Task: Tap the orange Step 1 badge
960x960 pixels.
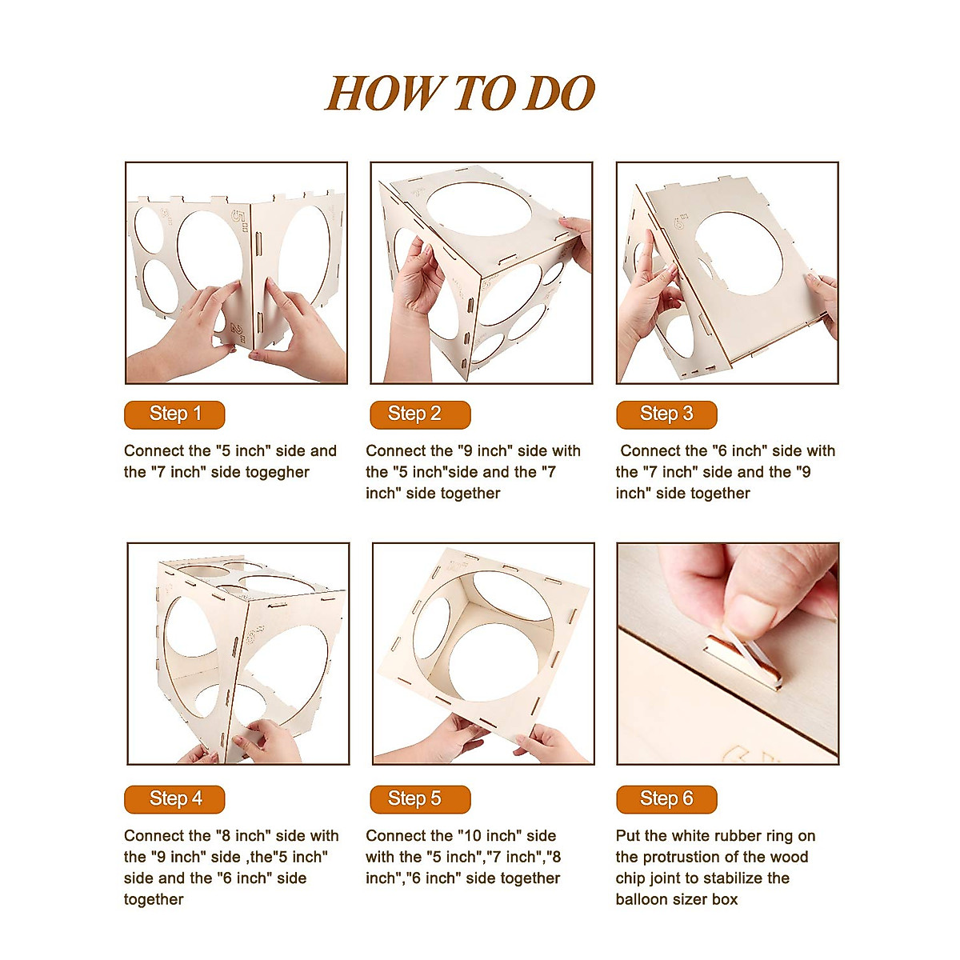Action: click(174, 414)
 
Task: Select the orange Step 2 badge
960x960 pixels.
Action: click(420, 414)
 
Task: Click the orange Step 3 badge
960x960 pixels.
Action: click(666, 414)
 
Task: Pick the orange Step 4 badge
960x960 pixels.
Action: click(174, 799)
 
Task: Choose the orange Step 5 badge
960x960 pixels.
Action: click(420, 799)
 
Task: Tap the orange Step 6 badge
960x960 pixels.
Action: click(666, 799)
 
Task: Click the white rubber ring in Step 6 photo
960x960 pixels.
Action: click(747, 657)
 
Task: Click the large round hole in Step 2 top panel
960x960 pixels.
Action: click(478, 210)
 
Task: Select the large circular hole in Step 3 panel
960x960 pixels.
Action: click(739, 253)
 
